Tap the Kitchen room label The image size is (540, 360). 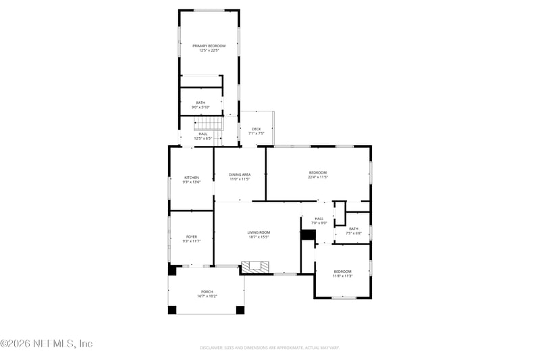pos(191,177)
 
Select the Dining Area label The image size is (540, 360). pos(240,175)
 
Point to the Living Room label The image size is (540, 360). pos(258,232)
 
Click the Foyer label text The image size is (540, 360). pos(191,236)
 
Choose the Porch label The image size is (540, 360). pos(207,292)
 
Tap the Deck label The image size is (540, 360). pos(256,129)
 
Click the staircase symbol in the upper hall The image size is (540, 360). pos(208,124)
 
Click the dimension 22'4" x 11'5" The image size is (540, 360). pos(317,178)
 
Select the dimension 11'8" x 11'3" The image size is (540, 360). pos(342,276)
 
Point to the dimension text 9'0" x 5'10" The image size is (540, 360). pos(200,107)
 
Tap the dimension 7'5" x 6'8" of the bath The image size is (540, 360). pos(354,233)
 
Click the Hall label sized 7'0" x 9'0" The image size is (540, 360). pos(319,218)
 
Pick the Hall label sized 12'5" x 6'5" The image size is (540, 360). pos(202,134)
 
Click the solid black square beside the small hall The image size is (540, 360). pos(308,234)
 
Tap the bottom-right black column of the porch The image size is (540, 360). pos(240,310)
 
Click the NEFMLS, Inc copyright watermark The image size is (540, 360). pos(47,344)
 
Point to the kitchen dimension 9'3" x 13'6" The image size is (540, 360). pos(191,182)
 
